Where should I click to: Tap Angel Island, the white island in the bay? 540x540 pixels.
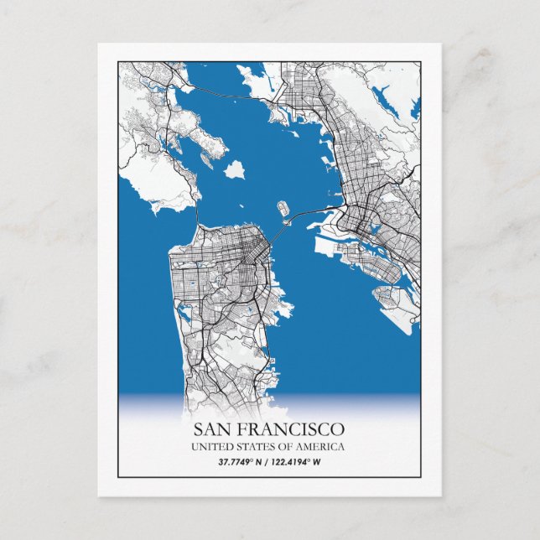[236, 169]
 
